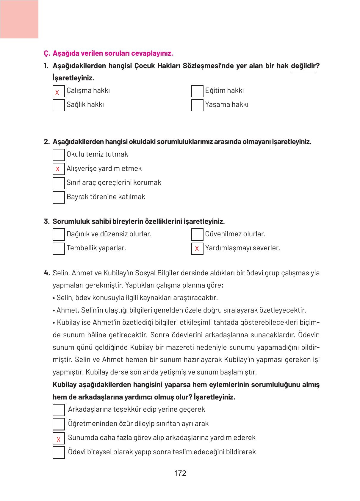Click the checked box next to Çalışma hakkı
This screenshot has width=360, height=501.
tap(59, 91)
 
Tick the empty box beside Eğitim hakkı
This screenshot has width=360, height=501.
tap(197, 91)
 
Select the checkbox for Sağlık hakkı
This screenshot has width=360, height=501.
tap(59, 105)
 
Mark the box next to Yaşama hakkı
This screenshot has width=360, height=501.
tap(197, 105)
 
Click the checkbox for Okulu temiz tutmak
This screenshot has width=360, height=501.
tap(59, 155)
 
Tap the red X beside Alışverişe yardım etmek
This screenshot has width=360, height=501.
tap(58, 169)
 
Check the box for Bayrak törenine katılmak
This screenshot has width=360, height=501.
tap(59, 197)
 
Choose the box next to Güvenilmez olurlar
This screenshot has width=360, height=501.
tap(197, 235)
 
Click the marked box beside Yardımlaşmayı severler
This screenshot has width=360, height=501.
tap(197, 249)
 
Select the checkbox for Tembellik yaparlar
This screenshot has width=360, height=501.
tap(59, 249)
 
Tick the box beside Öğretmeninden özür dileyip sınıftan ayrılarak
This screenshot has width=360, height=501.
tap(59, 424)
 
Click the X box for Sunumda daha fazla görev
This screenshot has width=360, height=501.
tap(59, 438)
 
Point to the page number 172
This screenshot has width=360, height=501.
tap(180, 473)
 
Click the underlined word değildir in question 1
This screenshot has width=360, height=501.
tap(303, 66)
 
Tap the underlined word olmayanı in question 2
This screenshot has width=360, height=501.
tap(256, 142)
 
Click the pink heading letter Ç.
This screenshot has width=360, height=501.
tap(46, 54)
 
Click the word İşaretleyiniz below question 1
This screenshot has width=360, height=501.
tap(73, 78)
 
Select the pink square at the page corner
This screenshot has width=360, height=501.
tap(19, 19)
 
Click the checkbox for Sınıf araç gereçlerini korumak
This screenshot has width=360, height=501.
tap(59, 183)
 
